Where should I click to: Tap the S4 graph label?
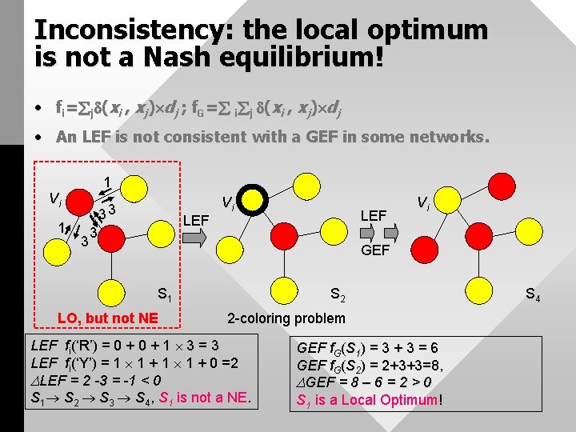click(x=533, y=297)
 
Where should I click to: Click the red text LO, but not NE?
click(x=107, y=318)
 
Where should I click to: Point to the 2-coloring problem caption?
click(x=286, y=318)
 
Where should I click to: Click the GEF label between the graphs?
click(x=375, y=250)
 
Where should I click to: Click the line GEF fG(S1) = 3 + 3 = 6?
click(x=367, y=348)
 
